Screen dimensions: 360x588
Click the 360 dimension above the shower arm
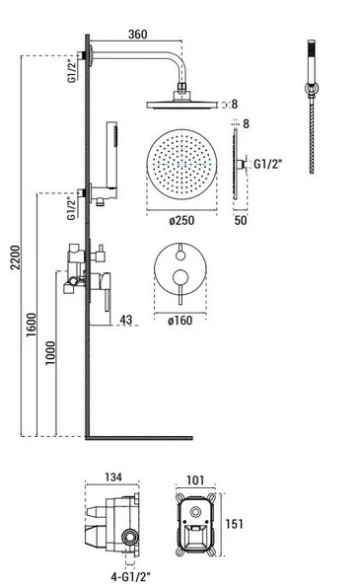(x=138, y=35)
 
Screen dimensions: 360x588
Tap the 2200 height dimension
(x=16, y=257)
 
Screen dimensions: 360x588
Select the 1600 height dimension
(x=32, y=325)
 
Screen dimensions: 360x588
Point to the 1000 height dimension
(x=50, y=352)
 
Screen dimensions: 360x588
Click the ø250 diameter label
(x=181, y=220)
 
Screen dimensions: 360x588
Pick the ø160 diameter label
(x=180, y=321)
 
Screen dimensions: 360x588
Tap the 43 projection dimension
(x=126, y=320)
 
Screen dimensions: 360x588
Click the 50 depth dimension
(x=241, y=220)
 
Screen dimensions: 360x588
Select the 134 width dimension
(x=112, y=477)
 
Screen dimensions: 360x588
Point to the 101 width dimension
(x=195, y=480)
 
